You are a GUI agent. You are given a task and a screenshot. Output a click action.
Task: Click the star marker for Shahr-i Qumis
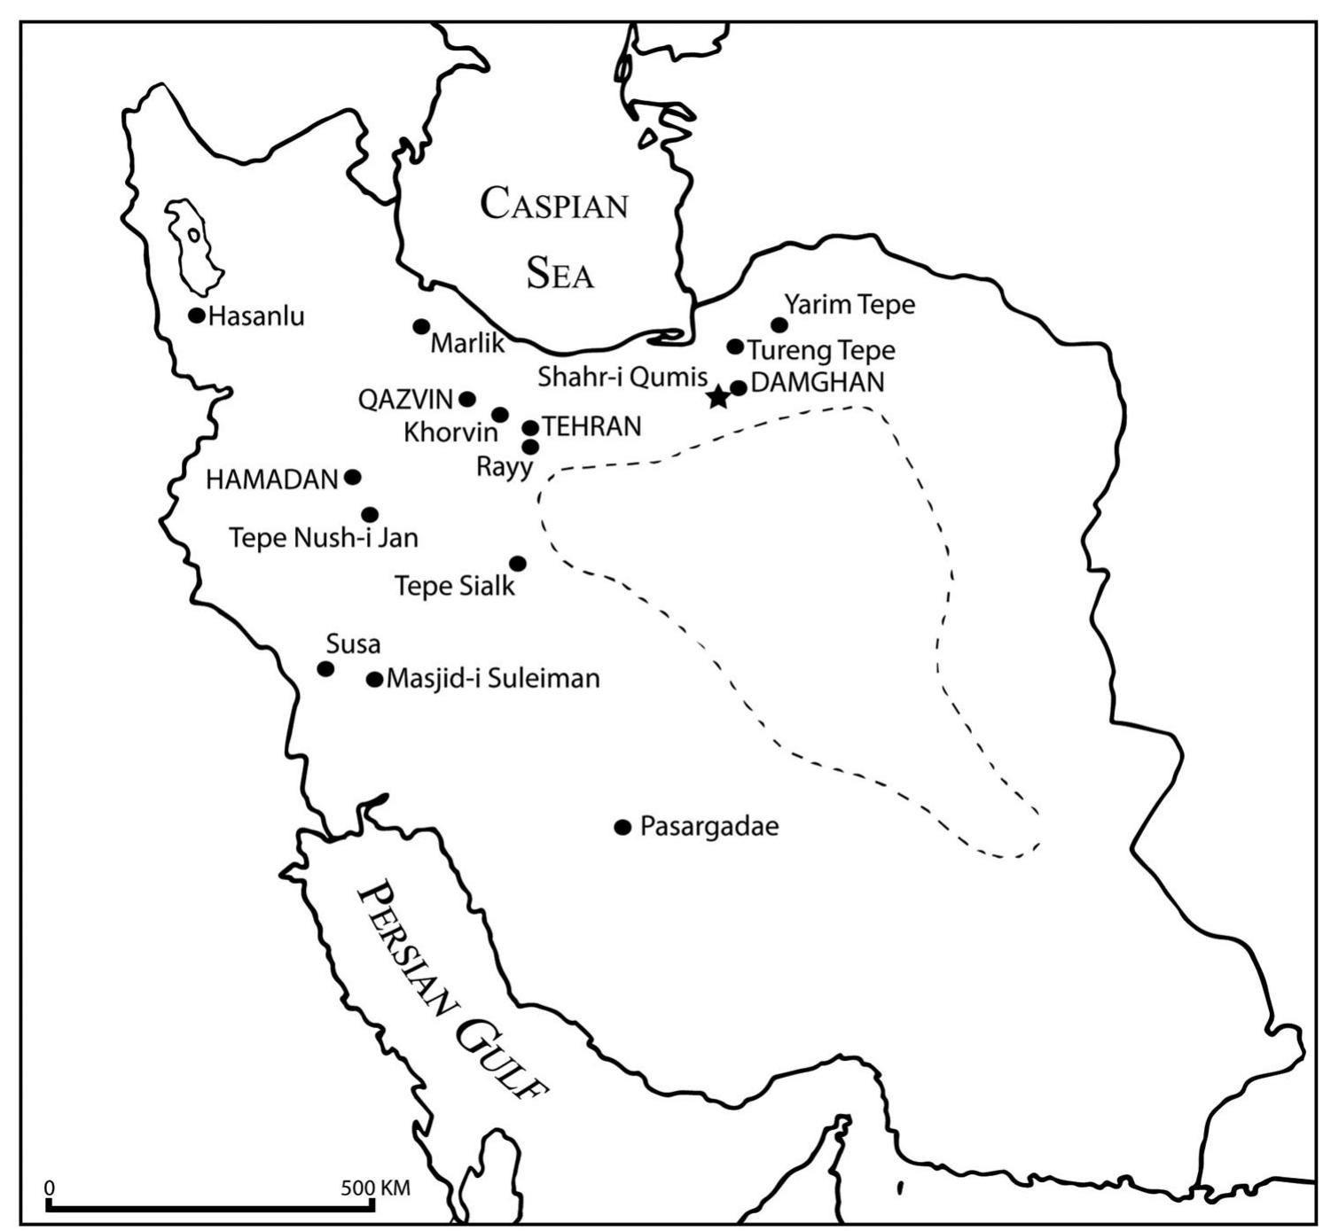pyautogui.click(x=718, y=397)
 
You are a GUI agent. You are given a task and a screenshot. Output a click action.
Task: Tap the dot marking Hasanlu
pyautogui.click(x=197, y=316)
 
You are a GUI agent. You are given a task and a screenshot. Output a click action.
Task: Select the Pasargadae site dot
pyautogui.click(x=622, y=827)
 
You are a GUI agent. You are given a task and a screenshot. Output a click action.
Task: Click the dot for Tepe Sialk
pyautogui.click(x=518, y=564)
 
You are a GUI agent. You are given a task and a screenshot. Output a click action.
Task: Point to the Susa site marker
pyautogui.click(x=325, y=669)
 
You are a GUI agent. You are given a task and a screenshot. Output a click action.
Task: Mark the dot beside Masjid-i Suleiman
pyautogui.click(x=374, y=680)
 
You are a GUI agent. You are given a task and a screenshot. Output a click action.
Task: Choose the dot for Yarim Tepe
pyautogui.click(x=779, y=325)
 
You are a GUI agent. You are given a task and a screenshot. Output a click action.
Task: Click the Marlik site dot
pyautogui.click(x=421, y=327)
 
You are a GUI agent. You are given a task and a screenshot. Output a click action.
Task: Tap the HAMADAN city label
pyautogui.click(x=271, y=479)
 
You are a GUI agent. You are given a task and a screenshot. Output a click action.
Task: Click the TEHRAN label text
pyautogui.click(x=591, y=426)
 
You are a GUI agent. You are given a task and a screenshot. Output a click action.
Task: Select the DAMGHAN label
pyautogui.click(x=817, y=383)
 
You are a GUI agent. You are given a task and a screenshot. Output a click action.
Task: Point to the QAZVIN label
pyautogui.click(x=405, y=400)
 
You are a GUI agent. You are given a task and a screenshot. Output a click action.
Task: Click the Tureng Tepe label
pyautogui.click(x=821, y=351)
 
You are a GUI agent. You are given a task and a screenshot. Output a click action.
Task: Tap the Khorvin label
pyautogui.click(x=450, y=433)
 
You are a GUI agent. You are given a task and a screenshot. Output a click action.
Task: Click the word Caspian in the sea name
pyautogui.click(x=554, y=205)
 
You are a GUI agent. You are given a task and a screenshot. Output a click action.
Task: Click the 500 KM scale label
pyautogui.click(x=375, y=1188)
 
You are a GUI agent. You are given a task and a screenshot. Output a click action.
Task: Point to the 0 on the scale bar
pyautogui.click(x=50, y=1188)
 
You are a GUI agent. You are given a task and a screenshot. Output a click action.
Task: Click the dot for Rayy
pyautogui.click(x=530, y=447)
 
